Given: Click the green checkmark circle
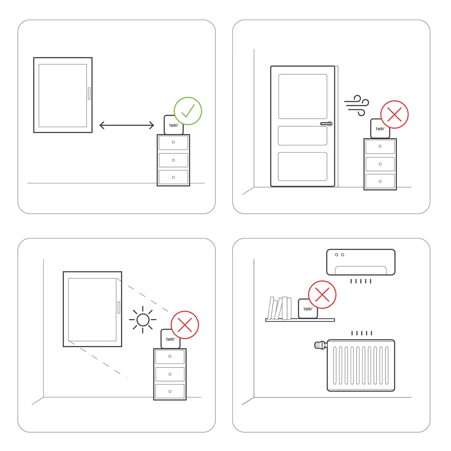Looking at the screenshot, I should coord(188,111).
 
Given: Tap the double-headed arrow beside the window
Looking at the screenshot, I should coord(127,125).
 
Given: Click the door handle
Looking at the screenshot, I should coord(327,124).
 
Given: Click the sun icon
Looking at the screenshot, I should coord(143,320).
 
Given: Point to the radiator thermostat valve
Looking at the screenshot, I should coord(320,345).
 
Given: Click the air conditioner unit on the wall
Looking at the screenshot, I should coord(361,262).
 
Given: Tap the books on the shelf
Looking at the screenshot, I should coord(280,308).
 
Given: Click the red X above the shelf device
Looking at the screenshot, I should coord(322,295).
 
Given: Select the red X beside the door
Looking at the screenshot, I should coord(394,115).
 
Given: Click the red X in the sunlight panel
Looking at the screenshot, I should coord(185,325).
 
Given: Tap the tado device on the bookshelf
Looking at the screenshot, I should coord(308,309).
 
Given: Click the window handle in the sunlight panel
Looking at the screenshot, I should coord(119,307).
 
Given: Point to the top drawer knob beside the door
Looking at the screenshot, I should coord(380,146).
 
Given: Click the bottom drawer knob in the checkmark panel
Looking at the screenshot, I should coord(173,177).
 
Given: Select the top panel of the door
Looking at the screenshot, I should coord(303,97).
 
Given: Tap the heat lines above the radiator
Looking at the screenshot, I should coord(362,333).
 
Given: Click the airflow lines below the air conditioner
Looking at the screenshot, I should coord(361,281).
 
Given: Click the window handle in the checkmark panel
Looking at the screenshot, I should coord(89,93).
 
